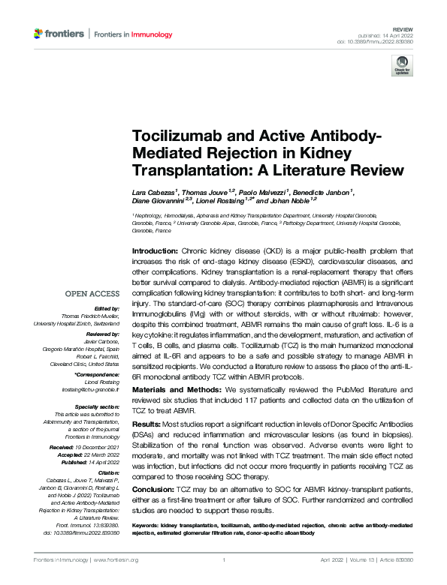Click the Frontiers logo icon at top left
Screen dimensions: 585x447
tap(39, 34)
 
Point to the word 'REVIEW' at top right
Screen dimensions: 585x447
tap(404, 27)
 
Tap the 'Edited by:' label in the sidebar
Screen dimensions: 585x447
tap(106, 307)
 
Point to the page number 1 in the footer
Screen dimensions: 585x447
tap(223, 560)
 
